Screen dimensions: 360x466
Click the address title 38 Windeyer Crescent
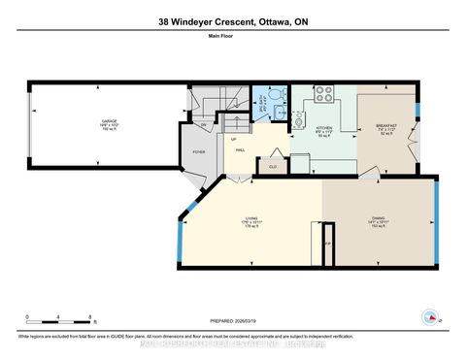[232, 22]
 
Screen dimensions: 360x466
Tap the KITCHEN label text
[325, 127]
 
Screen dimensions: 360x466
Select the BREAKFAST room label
[386, 127]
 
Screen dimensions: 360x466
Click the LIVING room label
[250, 222]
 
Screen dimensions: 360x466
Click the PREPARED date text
[232, 322]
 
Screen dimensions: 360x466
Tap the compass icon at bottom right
[429, 316]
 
